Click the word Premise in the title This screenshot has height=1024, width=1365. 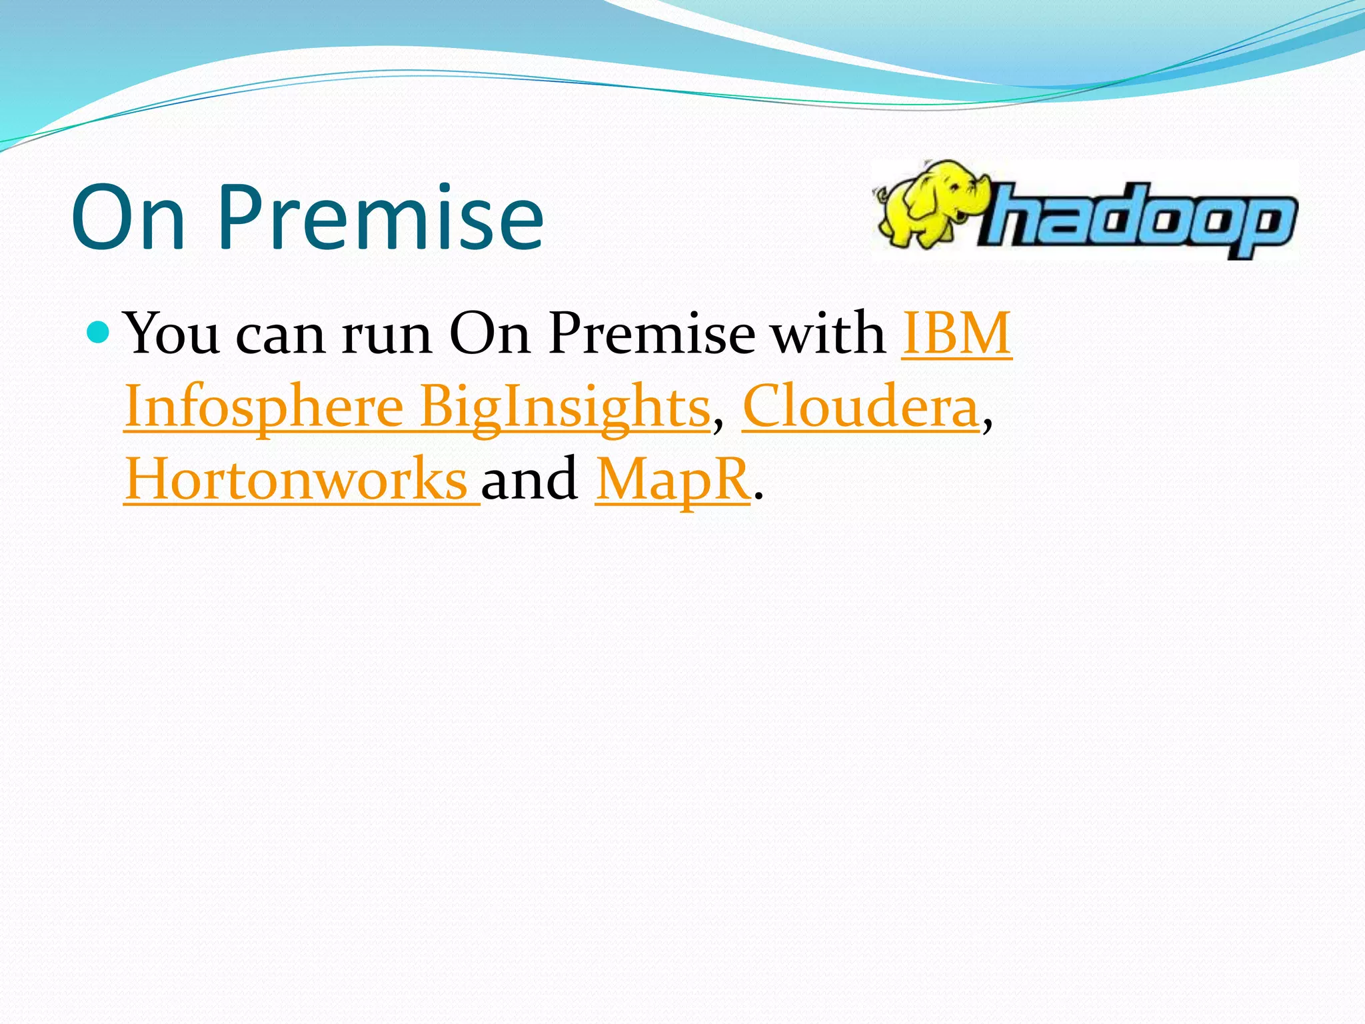coord(380,217)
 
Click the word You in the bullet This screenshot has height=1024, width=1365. coord(172,333)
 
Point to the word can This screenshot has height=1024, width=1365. coord(281,337)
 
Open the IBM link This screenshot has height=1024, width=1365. coord(956,333)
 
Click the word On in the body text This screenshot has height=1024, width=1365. coord(490,333)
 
